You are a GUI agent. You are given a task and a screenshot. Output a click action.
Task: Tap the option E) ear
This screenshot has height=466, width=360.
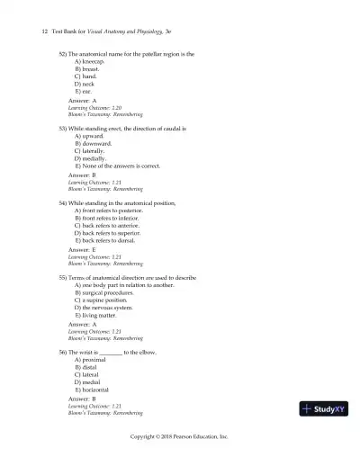83,92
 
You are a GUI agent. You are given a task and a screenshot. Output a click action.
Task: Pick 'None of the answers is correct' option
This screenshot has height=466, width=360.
118,166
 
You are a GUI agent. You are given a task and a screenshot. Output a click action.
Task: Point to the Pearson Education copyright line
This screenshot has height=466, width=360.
180,435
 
